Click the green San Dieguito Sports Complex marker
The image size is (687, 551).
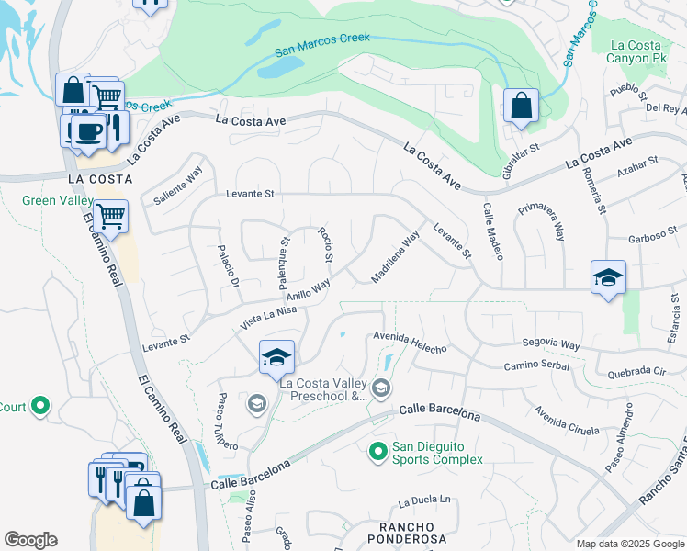[377, 451]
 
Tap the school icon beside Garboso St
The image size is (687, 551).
[608, 278]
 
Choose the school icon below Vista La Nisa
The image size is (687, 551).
[276, 357]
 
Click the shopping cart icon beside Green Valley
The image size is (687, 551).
[110, 217]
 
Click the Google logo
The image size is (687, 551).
[30, 539]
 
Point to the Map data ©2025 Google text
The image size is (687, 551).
[629, 543]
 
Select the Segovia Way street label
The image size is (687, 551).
[551, 345]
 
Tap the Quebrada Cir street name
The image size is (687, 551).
[636, 374]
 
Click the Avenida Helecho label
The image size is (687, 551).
[410, 343]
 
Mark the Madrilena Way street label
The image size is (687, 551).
[395, 256]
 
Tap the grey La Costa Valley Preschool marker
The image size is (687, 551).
[381, 391]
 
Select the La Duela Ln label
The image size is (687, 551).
[424, 501]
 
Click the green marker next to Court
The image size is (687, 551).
[39, 405]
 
